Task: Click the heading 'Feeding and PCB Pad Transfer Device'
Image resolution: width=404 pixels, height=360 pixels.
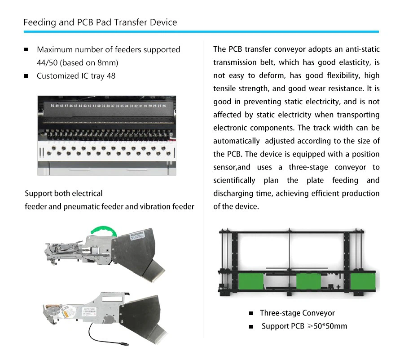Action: [100, 22]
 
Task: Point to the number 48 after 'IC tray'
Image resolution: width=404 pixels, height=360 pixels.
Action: [111, 76]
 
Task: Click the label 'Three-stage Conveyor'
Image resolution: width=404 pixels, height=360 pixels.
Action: [297, 313]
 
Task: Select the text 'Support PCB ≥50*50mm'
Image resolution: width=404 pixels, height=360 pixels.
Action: [304, 326]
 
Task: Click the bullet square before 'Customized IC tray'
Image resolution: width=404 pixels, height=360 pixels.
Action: [26, 76]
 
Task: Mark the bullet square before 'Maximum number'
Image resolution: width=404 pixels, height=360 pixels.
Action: [26, 49]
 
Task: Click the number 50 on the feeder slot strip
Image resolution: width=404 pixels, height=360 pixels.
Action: [53, 106]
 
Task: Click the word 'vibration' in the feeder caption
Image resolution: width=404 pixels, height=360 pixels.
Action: [156, 206]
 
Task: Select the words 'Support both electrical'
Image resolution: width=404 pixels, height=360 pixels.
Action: [64, 193]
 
